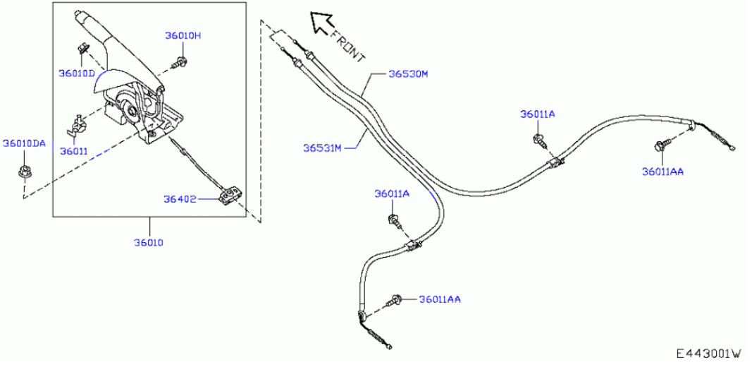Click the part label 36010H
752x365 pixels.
[183, 35]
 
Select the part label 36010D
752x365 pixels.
[77, 73]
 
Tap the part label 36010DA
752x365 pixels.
[25, 143]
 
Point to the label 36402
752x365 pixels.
[180, 199]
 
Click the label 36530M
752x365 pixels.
[407, 74]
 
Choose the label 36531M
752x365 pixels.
[322, 148]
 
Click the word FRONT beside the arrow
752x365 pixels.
[347, 46]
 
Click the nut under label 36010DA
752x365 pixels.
[22, 171]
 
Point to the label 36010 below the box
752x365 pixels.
[149, 243]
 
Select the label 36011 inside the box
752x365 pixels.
[73, 151]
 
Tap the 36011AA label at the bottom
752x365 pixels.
[440, 299]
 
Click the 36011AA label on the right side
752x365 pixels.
[662, 172]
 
